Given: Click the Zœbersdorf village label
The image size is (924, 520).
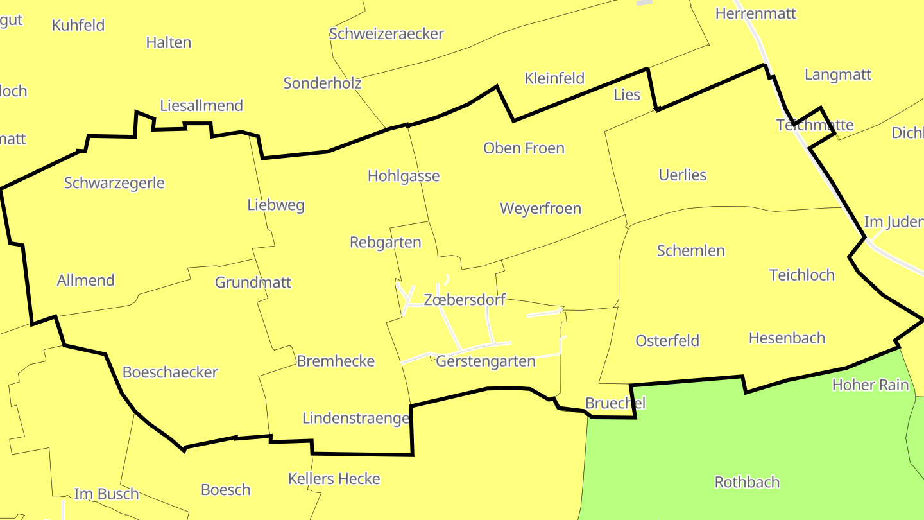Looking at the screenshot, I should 465,299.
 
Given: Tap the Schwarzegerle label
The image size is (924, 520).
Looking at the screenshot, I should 114,183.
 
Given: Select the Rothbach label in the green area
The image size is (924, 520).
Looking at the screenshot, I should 747,481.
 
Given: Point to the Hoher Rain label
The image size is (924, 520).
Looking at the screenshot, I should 870,385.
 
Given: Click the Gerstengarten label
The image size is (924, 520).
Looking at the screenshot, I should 485,361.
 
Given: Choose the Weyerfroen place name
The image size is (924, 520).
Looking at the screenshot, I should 540,209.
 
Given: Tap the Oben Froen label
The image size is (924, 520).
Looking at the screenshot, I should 524,148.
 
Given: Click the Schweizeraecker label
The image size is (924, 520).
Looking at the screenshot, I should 386,33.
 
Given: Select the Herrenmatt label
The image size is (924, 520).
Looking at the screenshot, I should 755,13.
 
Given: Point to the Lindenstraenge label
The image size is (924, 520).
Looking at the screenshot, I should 355,419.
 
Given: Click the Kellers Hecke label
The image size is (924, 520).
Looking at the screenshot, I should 334,479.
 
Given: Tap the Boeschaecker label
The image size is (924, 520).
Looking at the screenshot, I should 170,372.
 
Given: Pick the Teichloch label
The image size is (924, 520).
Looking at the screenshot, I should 801,275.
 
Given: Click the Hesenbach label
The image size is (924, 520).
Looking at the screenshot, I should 787,338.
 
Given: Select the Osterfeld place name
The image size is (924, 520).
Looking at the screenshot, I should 667,341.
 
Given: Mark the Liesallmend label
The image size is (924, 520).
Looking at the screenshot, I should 201,105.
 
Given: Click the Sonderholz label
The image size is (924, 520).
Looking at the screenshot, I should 322,83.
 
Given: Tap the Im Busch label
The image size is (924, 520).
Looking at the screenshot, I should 107,494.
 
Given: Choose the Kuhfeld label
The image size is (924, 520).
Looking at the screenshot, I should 78,25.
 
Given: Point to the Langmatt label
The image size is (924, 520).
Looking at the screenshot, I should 837,74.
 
